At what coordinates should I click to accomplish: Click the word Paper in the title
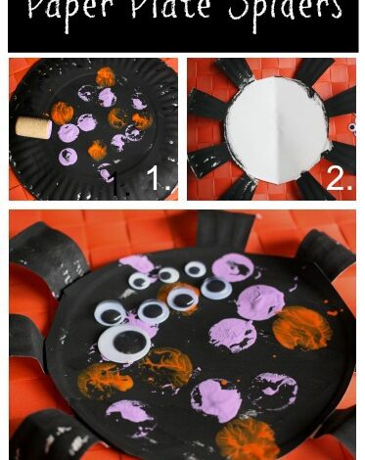[73, 12]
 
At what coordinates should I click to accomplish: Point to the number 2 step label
[338, 179]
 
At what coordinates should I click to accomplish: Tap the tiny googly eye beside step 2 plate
[351, 126]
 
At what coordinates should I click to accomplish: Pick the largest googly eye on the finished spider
[132, 345]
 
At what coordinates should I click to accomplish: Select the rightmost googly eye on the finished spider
[216, 288]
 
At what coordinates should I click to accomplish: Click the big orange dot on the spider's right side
[301, 328]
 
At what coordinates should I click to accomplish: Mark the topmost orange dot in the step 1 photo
[105, 75]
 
